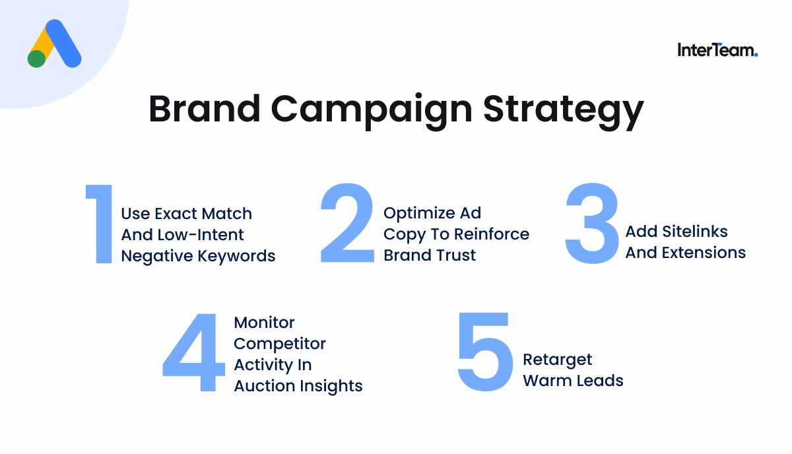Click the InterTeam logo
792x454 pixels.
click(x=717, y=50)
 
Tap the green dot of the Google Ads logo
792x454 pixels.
click(x=37, y=59)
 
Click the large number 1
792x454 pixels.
click(x=101, y=224)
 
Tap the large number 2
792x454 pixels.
click(x=347, y=224)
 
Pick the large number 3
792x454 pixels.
click(x=592, y=224)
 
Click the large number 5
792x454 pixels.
click(x=485, y=352)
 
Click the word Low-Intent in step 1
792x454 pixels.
click(x=201, y=235)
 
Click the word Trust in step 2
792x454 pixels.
click(x=454, y=255)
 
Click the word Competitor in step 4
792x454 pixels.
click(x=280, y=344)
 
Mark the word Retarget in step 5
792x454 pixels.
click(x=558, y=360)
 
